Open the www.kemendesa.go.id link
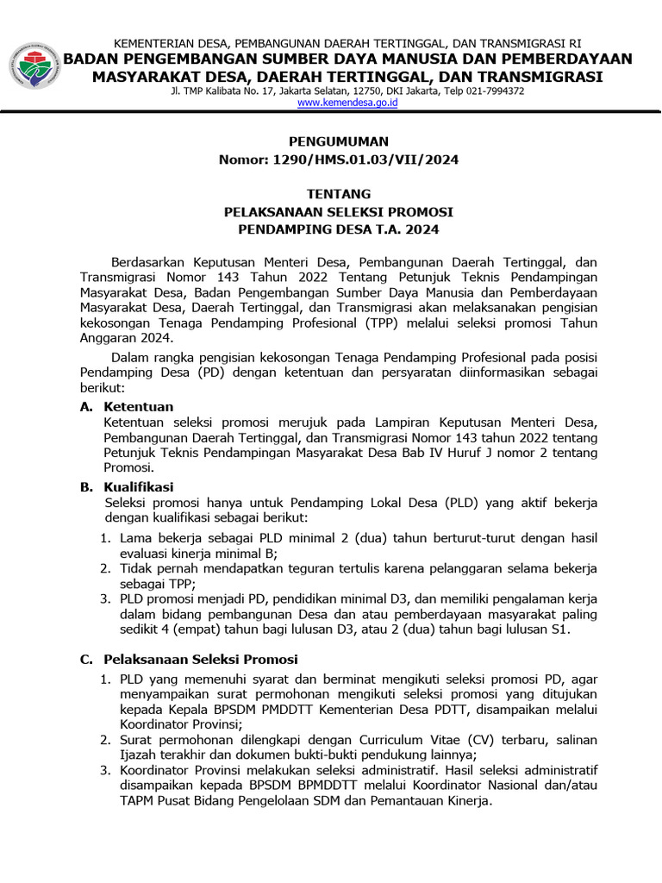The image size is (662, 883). click(347, 103)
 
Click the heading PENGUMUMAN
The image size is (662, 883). click(338, 141)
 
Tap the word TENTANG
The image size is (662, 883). click(338, 194)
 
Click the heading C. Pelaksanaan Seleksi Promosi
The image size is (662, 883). click(189, 659)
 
